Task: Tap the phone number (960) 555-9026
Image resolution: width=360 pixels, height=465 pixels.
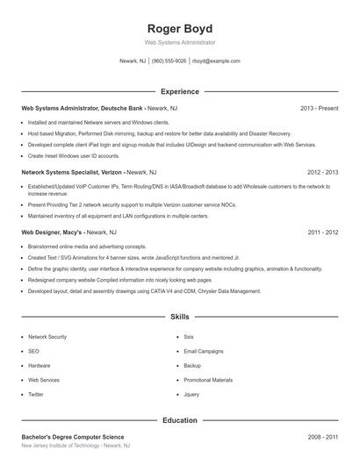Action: [x=169, y=61]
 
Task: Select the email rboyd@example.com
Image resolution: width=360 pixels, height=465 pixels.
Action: [x=217, y=61]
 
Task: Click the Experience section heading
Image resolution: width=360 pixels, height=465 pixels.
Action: [x=180, y=91]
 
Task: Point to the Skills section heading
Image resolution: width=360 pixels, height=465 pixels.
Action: [x=180, y=316]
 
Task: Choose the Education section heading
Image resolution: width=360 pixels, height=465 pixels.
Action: [x=180, y=421]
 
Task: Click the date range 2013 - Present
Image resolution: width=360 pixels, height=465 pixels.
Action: [x=319, y=108]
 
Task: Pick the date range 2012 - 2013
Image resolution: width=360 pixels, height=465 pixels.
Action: [x=322, y=173]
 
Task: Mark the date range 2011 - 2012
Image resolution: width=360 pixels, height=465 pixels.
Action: [x=322, y=232]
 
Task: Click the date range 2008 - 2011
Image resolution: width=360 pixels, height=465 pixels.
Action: [x=322, y=436]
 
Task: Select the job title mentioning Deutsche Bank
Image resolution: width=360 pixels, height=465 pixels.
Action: [x=83, y=108]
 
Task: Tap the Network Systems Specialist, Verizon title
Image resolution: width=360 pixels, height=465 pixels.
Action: [x=73, y=173]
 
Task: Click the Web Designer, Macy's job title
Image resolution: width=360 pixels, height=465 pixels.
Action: [x=53, y=232]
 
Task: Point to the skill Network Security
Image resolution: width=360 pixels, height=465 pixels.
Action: [x=47, y=337]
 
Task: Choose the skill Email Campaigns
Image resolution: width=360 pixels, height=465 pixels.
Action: [x=204, y=351]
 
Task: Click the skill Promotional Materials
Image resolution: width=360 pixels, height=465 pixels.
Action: [x=208, y=380]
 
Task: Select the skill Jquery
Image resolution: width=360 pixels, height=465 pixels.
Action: [x=191, y=395]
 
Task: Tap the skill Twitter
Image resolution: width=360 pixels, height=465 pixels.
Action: [x=36, y=395]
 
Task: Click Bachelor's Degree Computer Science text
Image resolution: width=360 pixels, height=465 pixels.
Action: [x=75, y=436]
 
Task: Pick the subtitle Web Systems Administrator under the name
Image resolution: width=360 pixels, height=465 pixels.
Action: [x=180, y=42]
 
